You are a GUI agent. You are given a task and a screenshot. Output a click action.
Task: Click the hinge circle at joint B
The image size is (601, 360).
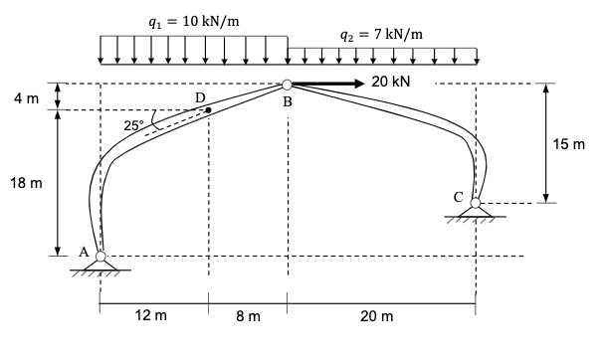287,86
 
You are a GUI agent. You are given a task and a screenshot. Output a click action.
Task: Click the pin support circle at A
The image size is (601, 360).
100,257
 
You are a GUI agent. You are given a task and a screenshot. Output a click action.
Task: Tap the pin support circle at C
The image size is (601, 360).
476,203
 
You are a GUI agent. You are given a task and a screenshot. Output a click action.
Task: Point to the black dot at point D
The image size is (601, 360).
209,110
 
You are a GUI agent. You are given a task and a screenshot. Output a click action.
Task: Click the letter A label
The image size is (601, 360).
84,252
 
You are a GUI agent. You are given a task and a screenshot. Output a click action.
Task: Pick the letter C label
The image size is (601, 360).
458,196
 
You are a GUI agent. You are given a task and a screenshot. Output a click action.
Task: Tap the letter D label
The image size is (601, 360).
200,96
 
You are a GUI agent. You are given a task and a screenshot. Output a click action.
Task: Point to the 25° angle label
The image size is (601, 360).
133,125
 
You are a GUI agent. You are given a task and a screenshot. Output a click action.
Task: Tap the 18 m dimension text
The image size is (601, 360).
31,184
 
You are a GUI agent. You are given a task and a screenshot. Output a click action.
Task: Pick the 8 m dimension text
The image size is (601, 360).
248,316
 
